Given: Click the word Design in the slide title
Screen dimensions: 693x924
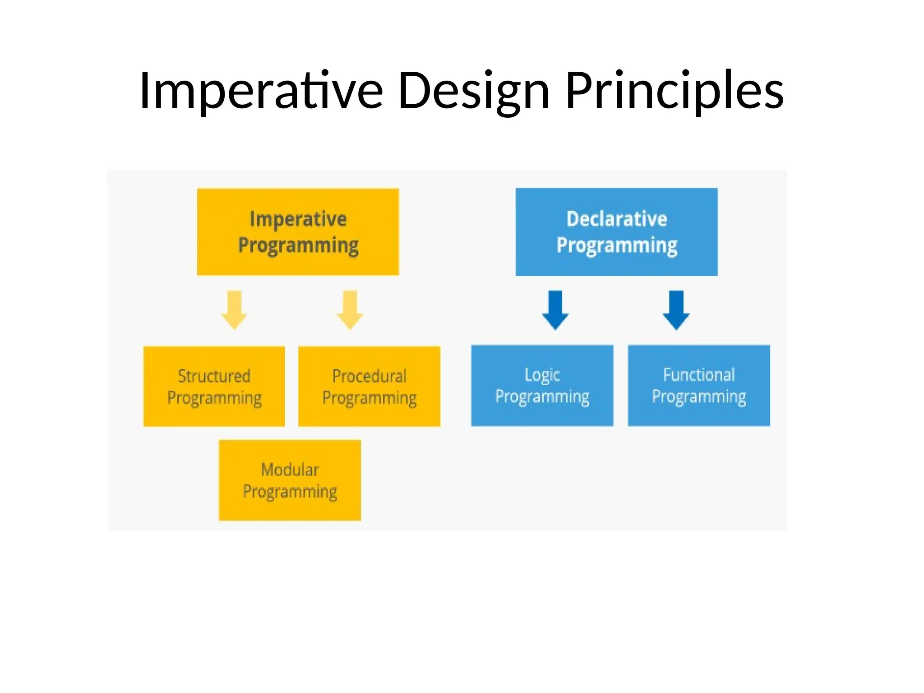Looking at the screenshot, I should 474,92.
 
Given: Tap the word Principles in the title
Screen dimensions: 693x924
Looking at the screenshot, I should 674,92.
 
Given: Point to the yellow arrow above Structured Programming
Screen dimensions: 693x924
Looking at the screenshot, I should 234,310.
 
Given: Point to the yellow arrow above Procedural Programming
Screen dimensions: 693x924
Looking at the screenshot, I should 350,310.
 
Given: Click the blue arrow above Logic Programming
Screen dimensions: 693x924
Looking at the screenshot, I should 555,310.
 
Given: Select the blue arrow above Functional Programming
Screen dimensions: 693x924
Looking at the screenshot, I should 676,310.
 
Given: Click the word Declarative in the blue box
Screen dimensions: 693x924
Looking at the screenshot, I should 617,219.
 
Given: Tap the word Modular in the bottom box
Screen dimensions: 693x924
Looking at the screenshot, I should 290,470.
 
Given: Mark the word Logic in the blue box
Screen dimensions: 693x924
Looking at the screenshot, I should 542,375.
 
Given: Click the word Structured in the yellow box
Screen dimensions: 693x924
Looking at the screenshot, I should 214,376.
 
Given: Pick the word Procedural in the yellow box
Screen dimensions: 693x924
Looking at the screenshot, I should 369,376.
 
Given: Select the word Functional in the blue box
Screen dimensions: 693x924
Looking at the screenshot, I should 698,375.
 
